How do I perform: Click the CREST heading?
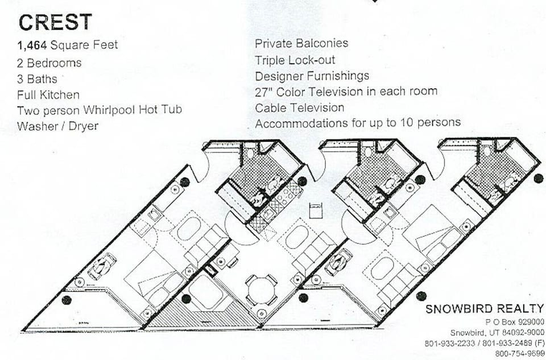(x=55, y=22)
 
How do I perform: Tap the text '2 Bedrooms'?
(x=49, y=63)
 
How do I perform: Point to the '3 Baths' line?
(x=38, y=79)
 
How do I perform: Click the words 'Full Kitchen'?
(x=48, y=94)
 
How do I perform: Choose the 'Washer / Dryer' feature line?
(x=57, y=126)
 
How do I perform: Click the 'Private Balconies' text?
(x=301, y=43)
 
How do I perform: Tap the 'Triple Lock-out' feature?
(x=295, y=60)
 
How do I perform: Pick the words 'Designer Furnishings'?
(x=312, y=76)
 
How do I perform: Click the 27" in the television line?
(x=264, y=91)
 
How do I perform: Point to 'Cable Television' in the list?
(x=299, y=107)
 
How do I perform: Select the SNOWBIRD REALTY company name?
(x=485, y=309)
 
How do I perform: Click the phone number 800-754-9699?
(x=519, y=353)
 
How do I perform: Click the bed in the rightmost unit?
(x=433, y=231)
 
